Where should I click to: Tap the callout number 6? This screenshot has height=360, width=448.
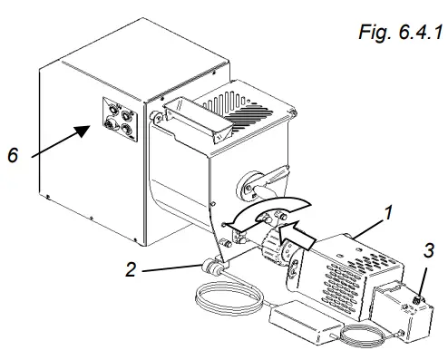pyautogui.click(x=13, y=156)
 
